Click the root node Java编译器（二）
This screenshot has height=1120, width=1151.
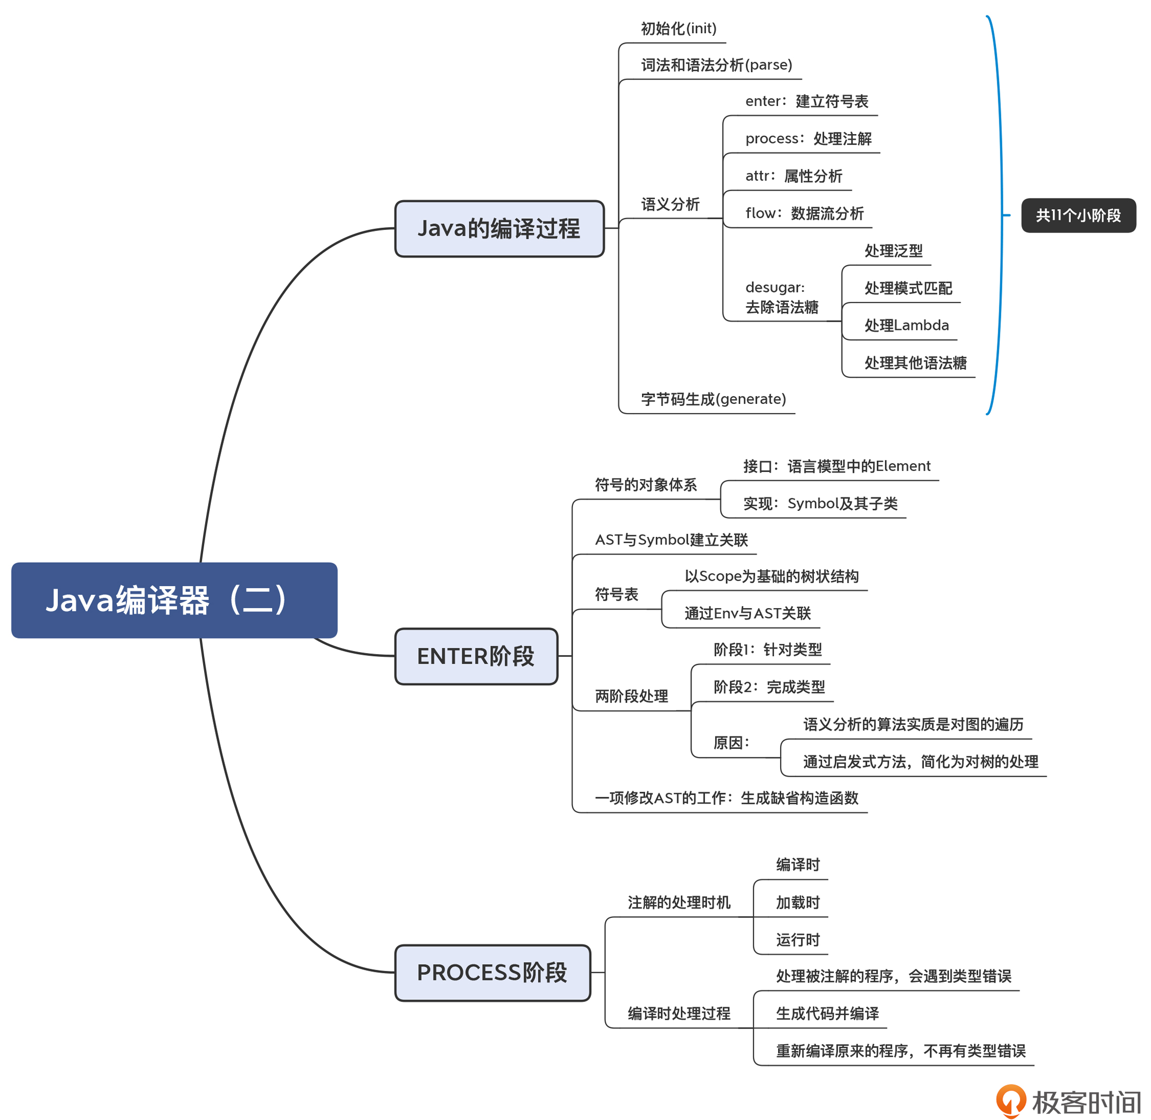click(174, 600)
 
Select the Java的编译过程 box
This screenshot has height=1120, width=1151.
click(499, 229)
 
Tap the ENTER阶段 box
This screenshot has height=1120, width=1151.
click(476, 656)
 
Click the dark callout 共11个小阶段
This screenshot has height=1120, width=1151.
click(1078, 215)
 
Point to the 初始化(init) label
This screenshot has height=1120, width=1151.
click(678, 29)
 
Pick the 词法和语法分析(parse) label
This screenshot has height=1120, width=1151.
click(716, 65)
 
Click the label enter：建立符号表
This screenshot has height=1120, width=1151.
click(806, 101)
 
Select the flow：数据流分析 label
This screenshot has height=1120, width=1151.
click(804, 213)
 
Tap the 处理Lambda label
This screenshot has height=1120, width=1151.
click(906, 325)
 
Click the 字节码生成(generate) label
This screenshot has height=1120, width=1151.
click(713, 399)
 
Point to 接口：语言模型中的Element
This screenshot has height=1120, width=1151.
click(836, 466)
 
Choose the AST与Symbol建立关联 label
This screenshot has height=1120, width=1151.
click(671, 540)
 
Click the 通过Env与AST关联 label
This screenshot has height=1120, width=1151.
click(747, 613)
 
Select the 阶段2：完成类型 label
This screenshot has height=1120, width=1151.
click(769, 686)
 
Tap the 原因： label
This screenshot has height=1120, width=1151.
click(731, 742)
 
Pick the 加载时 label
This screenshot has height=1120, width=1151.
click(797, 902)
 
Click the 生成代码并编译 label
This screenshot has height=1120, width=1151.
click(827, 1013)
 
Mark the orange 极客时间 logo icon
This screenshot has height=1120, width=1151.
click(1011, 1100)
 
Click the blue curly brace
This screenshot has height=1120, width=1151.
click(999, 215)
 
